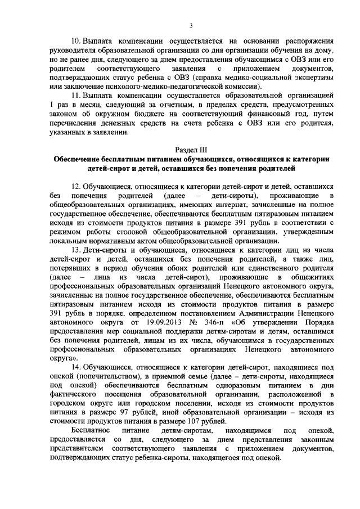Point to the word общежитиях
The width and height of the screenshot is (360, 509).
(x=304, y=277)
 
